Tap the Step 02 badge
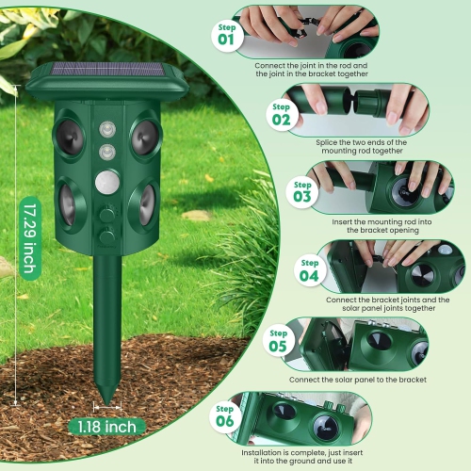[x=281, y=114]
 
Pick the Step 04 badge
[x=309, y=270]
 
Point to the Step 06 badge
[x=224, y=416]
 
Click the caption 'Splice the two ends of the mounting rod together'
[x=357, y=147]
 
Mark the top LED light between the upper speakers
[x=106, y=130]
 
